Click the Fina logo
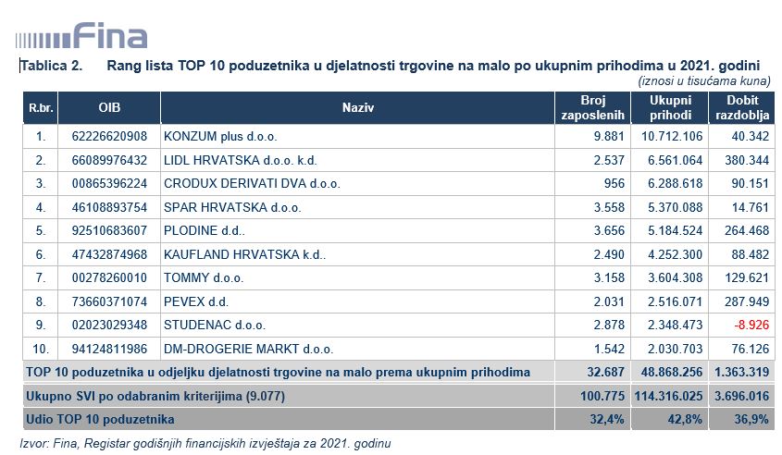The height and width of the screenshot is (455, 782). click(x=81, y=37)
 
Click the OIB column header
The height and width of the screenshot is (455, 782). click(x=109, y=108)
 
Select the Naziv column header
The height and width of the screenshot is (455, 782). click(x=357, y=108)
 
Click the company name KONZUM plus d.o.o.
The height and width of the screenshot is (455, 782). click(x=210, y=136)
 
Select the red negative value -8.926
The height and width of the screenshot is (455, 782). click(x=751, y=325)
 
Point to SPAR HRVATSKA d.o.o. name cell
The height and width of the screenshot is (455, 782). click(x=219, y=206)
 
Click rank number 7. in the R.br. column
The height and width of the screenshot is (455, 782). click(x=40, y=277)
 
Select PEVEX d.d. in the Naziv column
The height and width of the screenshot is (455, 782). click(x=195, y=301)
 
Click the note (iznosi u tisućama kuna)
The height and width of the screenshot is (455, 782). click(x=704, y=81)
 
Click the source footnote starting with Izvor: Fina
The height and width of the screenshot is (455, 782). click(x=205, y=443)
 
